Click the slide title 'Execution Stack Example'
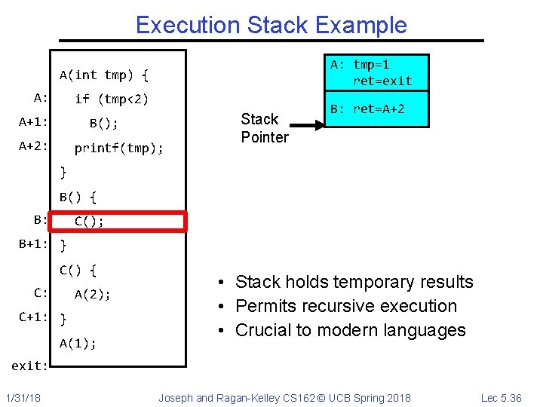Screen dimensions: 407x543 point(271,25)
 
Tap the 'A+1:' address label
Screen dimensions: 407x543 point(34,122)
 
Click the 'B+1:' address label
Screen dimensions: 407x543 point(34,244)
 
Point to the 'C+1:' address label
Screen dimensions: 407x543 point(34,317)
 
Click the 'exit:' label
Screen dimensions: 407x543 point(29,366)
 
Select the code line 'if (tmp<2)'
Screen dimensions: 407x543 point(112,99)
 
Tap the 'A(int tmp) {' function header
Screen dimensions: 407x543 point(104,75)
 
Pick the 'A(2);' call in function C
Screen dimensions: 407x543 point(93,295)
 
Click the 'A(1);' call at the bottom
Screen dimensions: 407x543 point(78,343)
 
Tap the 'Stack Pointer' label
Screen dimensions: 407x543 point(264,128)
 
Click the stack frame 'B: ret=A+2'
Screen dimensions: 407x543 point(376,109)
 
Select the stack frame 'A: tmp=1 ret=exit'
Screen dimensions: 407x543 point(376,72)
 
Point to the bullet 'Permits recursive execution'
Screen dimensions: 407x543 point(345,306)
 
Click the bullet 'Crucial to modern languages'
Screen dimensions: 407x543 point(350,330)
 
